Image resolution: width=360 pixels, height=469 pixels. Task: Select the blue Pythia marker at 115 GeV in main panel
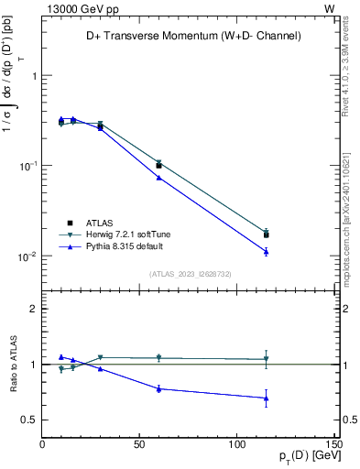(266, 251)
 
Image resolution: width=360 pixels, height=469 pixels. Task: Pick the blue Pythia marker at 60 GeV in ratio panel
(158, 388)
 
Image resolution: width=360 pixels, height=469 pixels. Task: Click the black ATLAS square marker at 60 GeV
(158, 166)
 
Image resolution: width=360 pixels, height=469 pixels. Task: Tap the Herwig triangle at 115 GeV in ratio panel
(266, 359)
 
